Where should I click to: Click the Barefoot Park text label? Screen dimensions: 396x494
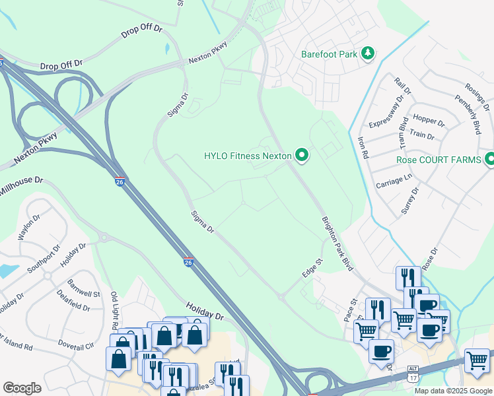(x=329, y=53)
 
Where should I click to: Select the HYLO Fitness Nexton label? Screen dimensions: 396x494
(x=248, y=156)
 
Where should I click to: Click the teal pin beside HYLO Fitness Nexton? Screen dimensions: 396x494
(x=302, y=156)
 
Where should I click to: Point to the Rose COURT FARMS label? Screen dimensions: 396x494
(x=438, y=160)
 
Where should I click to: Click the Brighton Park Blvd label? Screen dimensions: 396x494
(x=337, y=244)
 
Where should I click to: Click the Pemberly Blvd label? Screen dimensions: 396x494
(x=468, y=114)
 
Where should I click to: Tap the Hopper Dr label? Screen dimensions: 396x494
(x=429, y=120)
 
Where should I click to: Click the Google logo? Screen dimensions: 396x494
(x=22, y=388)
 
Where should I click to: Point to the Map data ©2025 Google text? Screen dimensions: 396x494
(x=453, y=391)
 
